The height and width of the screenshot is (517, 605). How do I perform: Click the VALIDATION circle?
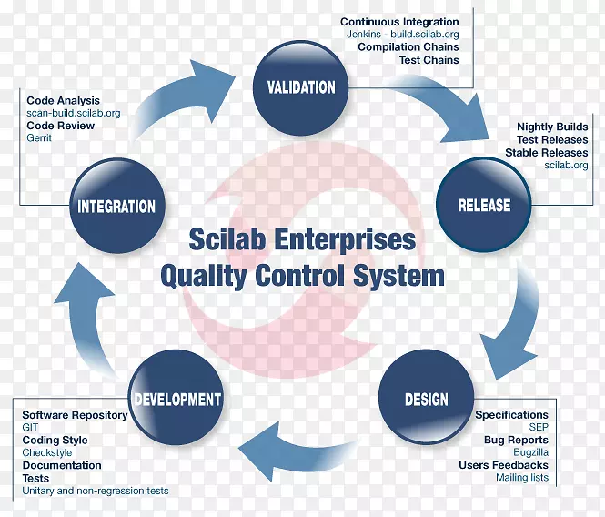coord(301,88)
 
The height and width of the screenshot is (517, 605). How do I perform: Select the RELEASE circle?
coord(483,206)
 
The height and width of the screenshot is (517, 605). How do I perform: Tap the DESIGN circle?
coord(426,400)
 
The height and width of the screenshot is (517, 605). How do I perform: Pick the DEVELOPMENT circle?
coord(176,399)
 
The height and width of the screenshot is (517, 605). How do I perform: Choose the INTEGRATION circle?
coord(116,207)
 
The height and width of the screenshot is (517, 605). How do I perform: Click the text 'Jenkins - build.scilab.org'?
coord(403,34)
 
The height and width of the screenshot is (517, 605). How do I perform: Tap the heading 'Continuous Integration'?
coord(399,21)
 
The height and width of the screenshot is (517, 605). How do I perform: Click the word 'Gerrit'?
coord(40,137)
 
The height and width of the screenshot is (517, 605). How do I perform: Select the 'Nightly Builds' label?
coord(552,127)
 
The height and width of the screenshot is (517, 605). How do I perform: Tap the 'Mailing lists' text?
coord(522,477)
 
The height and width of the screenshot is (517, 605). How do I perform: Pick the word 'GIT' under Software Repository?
coord(31,427)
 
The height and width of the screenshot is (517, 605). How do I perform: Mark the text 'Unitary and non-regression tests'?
coord(96,491)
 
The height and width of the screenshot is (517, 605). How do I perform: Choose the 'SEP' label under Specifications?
coord(539,427)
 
